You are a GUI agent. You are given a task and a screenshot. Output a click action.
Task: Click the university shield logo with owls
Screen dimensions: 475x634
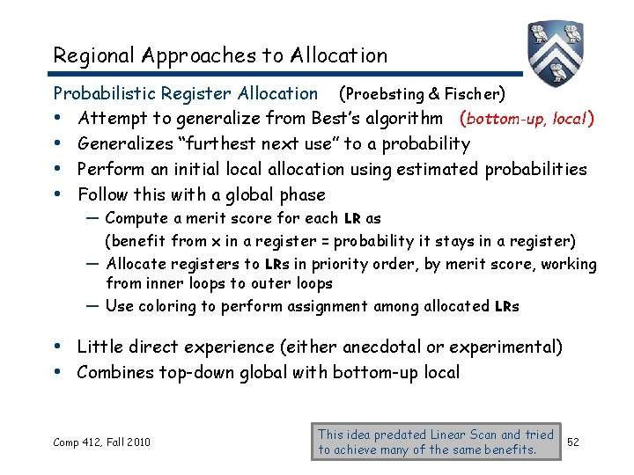pyautogui.click(x=556, y=49)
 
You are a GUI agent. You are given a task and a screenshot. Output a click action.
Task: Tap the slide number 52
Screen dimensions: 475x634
pyautogui.click(x=573, y=441)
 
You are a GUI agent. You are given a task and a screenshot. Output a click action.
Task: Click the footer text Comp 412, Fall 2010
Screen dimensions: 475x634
pyautogui.click(x=102, y=442)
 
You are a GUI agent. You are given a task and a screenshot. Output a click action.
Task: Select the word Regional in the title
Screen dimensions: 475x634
pyautogui.click(x=93, y=55)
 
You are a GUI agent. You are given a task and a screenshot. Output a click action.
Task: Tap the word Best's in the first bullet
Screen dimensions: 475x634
pyautogui.click(x=335, y=118)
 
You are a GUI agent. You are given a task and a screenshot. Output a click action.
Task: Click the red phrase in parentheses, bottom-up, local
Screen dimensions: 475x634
pyautogui.click(x=526, y=118)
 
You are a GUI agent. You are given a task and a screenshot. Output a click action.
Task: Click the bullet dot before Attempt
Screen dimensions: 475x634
pyautogui.click(x=58, y=118)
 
